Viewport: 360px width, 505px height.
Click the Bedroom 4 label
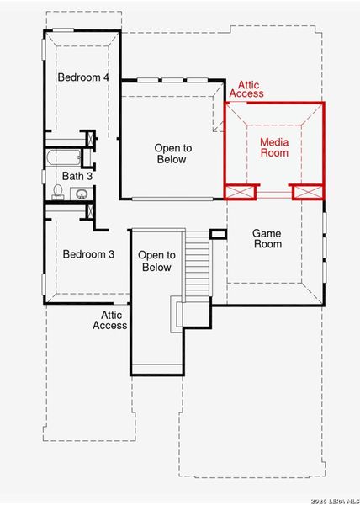tap(83, 77)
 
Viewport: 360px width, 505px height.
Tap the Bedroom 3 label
tap(88, 254)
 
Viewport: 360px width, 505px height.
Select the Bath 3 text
tap(78, 176)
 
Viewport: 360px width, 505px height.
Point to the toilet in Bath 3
tap(58, 193)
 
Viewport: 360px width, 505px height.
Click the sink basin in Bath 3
tap(82, 194)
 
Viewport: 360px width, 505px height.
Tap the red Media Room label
tap(273, 148)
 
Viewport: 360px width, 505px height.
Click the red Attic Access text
tap(251, 89)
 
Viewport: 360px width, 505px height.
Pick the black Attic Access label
tap(109, 320)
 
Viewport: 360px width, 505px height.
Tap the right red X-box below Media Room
tap(306, 192)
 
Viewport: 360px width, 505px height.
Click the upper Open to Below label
tap(172, 154)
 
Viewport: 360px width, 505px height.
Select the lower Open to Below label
tap(156, 261)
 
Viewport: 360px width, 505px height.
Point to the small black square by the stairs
tap(218, 234)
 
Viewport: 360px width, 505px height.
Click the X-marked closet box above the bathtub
tap(91, 139)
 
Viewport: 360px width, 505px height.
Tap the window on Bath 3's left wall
tap(44, 175)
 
